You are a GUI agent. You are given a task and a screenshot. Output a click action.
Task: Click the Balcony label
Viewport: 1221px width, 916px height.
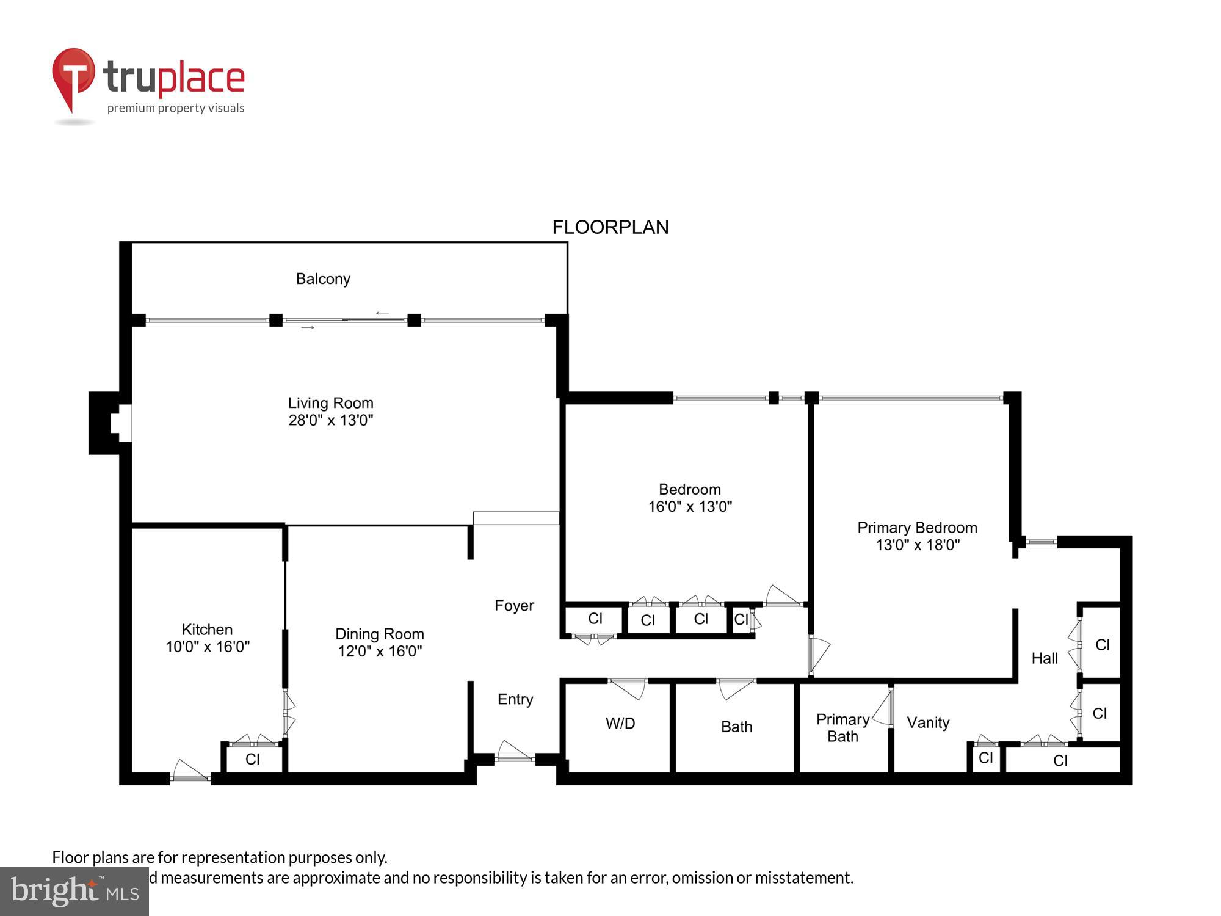coord(323,279)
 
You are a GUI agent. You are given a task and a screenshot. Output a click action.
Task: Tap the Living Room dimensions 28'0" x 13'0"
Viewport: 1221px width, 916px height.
coord(330,420)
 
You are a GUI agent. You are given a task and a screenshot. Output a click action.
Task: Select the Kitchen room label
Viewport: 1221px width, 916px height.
coord(207,630)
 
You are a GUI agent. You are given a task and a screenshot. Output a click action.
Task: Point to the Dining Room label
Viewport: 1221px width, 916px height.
coord(379,634)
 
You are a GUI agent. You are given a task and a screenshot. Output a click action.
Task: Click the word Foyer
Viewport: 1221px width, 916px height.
coord(514,605)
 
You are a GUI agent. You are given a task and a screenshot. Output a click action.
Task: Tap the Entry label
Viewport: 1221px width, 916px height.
coord(515,699)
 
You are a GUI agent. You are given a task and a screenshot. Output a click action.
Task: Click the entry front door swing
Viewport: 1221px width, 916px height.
coord(515,752)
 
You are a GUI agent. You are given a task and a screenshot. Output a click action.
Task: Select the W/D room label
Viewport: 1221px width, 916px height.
coord(620,724)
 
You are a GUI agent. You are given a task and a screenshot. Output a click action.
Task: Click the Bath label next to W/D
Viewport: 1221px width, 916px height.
coord(736,727)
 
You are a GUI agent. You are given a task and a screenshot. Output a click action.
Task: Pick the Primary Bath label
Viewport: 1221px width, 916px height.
coord(842,728)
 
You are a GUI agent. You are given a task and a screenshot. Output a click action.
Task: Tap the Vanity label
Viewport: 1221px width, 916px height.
coord(928,723)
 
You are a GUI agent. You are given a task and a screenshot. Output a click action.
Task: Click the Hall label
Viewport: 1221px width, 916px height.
coord(1045,658)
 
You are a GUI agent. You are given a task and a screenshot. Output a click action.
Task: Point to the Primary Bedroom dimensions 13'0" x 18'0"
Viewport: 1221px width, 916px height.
coord(918,545)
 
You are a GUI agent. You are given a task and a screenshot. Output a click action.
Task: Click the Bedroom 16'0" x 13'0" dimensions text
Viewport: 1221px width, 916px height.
coord(690,506)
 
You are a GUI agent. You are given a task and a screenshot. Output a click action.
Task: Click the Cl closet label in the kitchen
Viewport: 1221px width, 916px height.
coord(253,759)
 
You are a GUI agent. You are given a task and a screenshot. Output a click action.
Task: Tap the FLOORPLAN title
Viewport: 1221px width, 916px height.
coord(610,227)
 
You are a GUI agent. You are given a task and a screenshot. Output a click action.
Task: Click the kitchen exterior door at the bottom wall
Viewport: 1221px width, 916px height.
coord(190,772)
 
